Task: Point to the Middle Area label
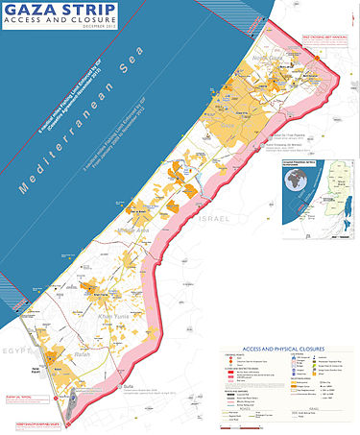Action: click(x=132, y=230)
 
